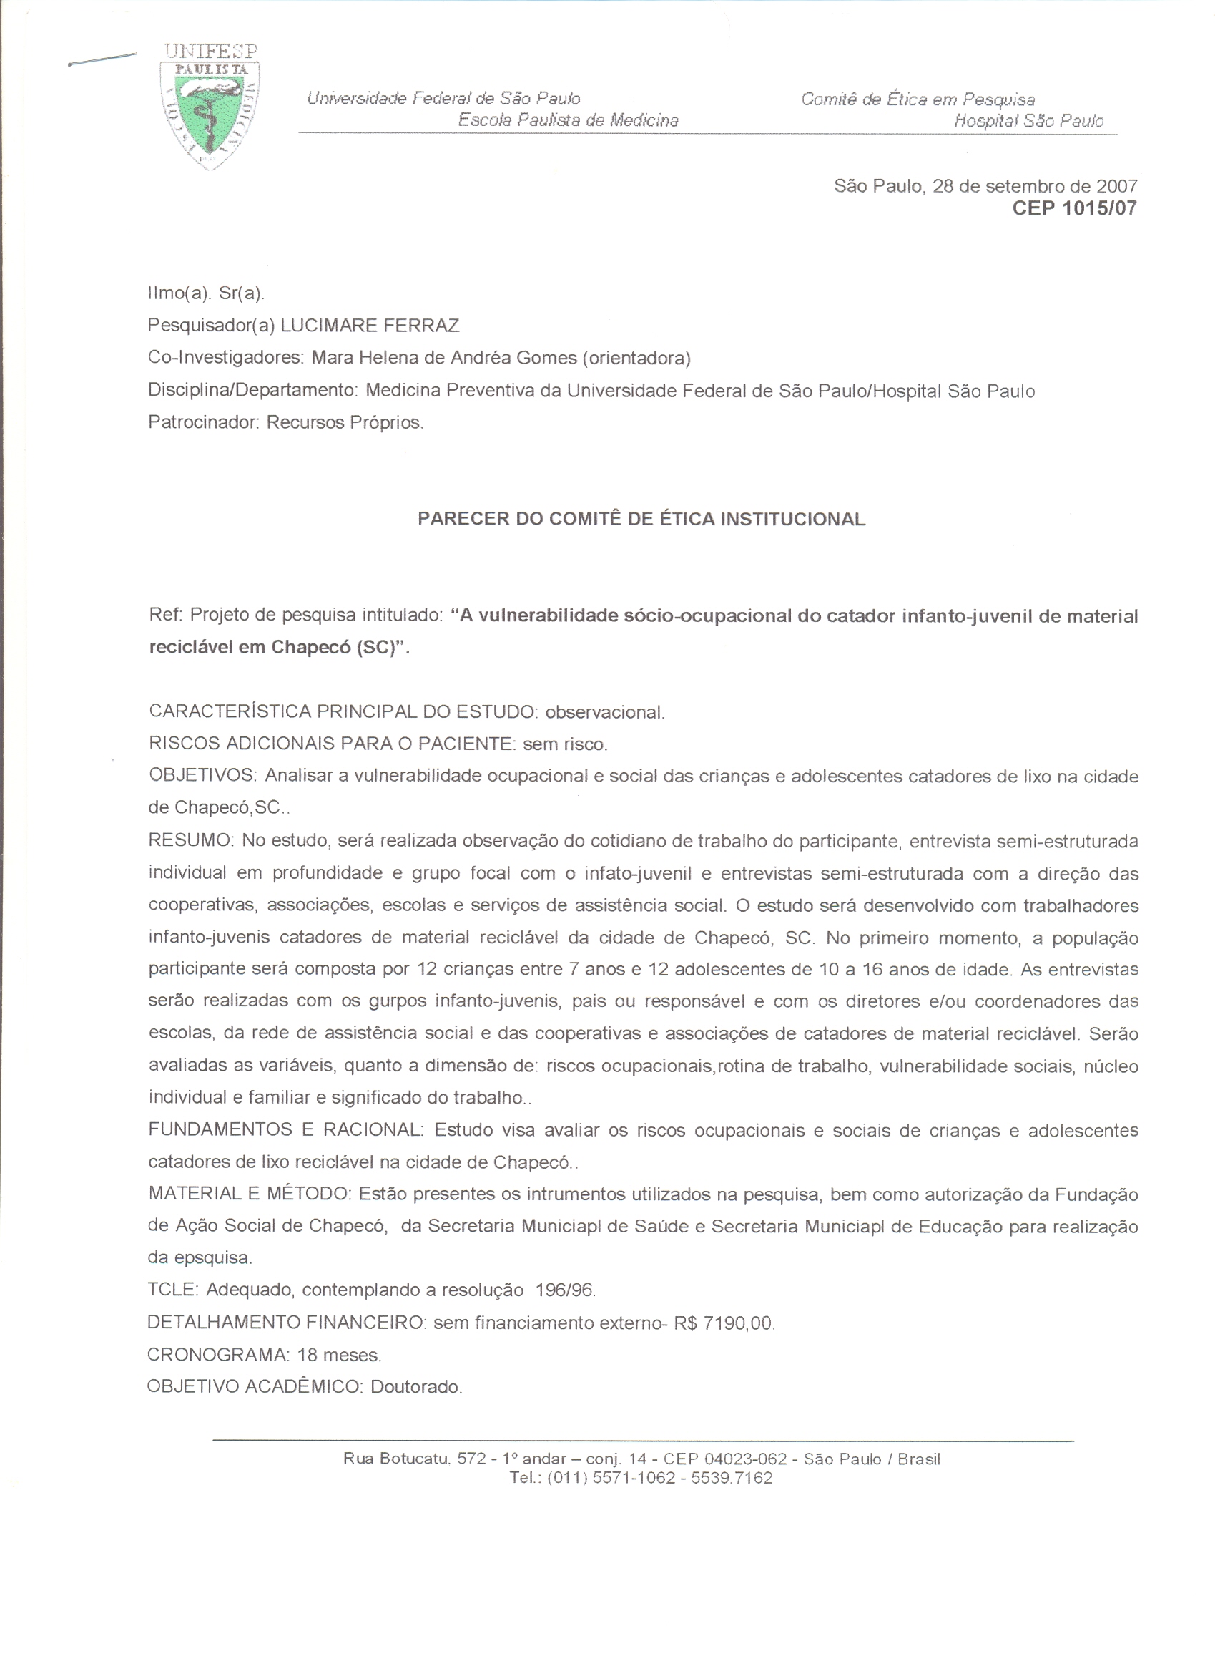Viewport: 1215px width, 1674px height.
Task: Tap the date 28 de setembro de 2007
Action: pos(1035,186)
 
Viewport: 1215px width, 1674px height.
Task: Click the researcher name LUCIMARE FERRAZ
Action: pos(370,326)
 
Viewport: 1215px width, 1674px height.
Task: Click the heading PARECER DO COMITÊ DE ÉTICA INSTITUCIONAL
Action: pos(641,519)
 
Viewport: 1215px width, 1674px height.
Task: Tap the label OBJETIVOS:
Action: pos(202,776)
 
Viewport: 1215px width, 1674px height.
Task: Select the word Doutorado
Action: pos(416,1387)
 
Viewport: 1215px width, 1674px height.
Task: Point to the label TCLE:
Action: pos(172,1290)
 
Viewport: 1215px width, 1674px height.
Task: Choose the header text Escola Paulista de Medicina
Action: pos(568,120)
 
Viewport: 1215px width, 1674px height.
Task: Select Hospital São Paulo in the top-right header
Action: pos(1028,121)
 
